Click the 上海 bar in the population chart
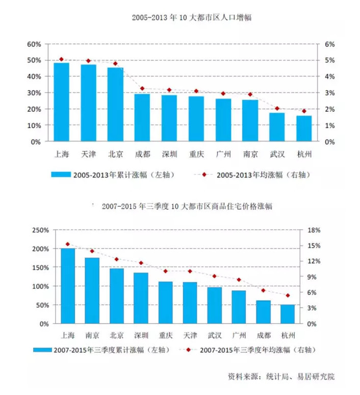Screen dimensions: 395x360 61,102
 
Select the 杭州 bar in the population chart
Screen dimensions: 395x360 304,129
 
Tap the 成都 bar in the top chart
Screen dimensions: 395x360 142,118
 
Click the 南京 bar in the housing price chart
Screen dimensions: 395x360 92,291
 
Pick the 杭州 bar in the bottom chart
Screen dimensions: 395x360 288,314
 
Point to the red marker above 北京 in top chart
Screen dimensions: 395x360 115,64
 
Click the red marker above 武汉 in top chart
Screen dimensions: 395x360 277,108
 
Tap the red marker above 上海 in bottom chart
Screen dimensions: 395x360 68,244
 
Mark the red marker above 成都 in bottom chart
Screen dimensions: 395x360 263,290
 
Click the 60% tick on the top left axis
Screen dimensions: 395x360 34,44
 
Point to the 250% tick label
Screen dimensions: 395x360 40,230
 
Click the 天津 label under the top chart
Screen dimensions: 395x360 88,153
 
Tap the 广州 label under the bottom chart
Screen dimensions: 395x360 239,335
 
